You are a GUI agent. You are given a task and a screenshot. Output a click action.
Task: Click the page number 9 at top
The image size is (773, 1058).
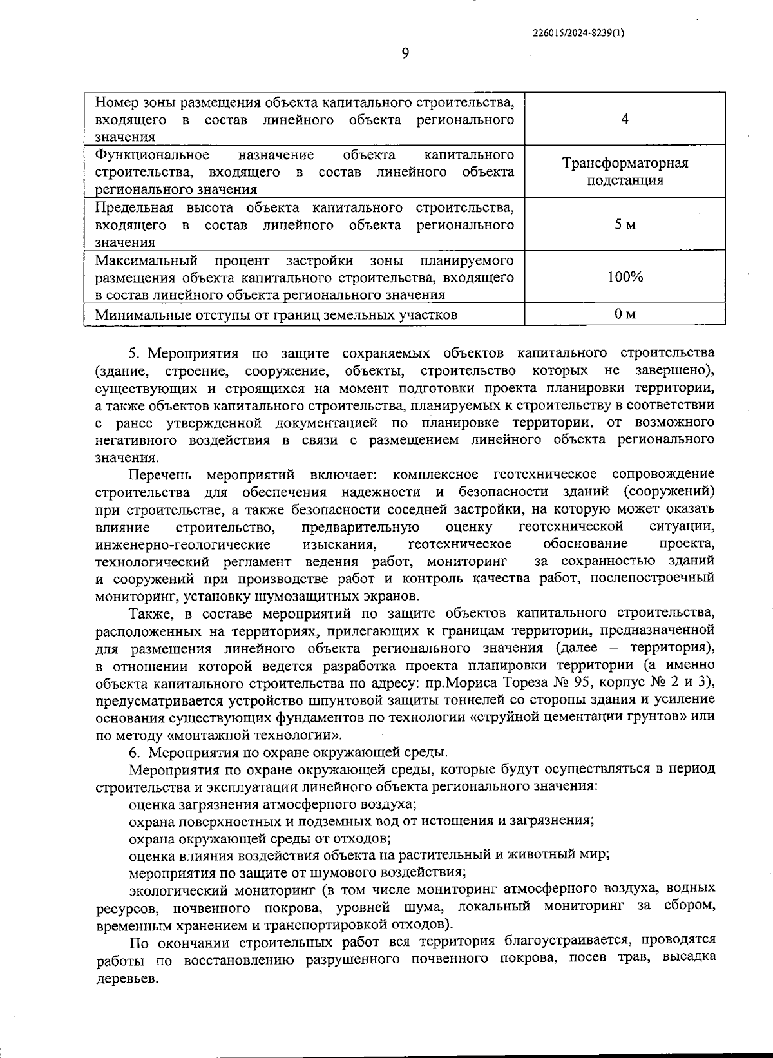pyautogui.click(x=405, y=53)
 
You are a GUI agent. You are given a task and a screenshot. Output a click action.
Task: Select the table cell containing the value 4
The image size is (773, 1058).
pyautogui.click(x=625, y=119)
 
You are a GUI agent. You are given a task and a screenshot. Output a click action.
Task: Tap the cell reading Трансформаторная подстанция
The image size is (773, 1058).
pyautogui.click(x=625, y=171)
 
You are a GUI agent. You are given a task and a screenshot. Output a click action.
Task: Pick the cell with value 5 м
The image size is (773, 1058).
pyautogui.click(x=625, y=224)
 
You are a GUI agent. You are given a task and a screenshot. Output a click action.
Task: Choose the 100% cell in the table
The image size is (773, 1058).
pyautogui.click(x=625, y=277)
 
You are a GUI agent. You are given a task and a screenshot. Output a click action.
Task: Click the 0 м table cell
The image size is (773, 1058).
pyautogui.click(x=625, y=314)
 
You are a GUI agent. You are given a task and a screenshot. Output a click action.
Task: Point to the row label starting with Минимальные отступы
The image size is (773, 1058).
pyautogui.click(x=276, y=315)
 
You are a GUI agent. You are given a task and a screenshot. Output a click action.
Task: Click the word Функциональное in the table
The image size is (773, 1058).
pyautogui.click(x=152, y=155)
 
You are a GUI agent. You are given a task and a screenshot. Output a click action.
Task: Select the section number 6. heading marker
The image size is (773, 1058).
pyautogui.click(x=134, y=753)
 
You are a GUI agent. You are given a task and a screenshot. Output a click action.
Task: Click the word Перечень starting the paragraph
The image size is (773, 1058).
pyautogui.click(x=160, y=475)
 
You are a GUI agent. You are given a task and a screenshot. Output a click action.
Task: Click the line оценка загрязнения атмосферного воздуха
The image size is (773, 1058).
pyautogui.click(x=272, y=804)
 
